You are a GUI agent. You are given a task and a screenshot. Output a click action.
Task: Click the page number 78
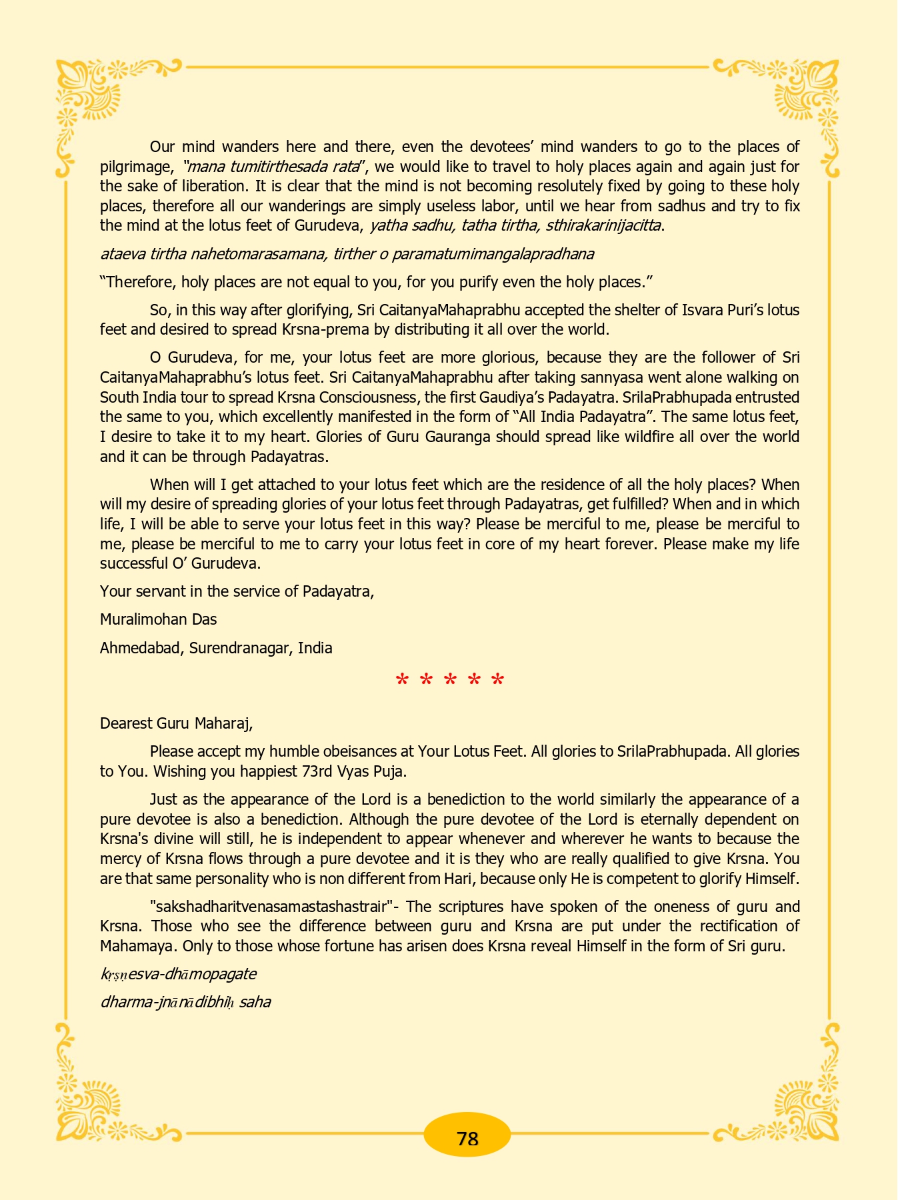[467, 1138]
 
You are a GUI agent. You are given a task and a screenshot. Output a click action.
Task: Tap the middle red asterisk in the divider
[450, 681]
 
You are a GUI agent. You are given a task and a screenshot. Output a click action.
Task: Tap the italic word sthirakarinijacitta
[603, 225]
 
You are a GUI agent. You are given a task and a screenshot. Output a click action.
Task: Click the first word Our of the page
[163, 147]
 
